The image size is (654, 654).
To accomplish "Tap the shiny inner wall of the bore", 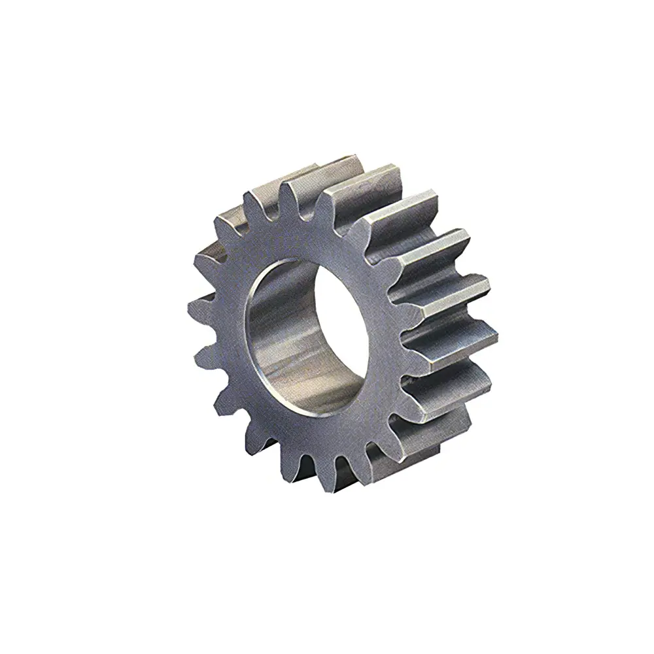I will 275,340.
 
